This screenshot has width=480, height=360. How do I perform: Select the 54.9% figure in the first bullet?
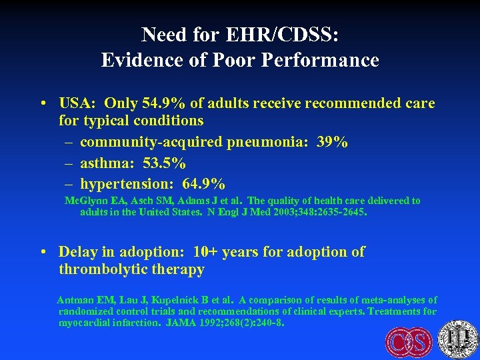[163, 103]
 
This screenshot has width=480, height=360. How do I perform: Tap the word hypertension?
[123, 183]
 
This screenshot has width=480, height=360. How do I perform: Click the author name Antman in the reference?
[75, 300]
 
